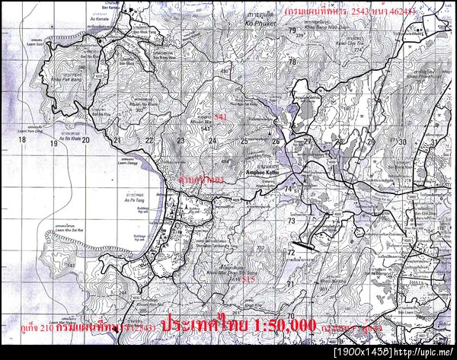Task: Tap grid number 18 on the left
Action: [22, 141]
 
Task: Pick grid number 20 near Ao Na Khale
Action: [86, 141]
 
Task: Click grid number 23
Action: [181, 141]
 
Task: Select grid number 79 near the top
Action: [292, 30]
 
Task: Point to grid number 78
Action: [292, 61]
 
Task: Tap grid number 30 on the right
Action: [403, 142]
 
